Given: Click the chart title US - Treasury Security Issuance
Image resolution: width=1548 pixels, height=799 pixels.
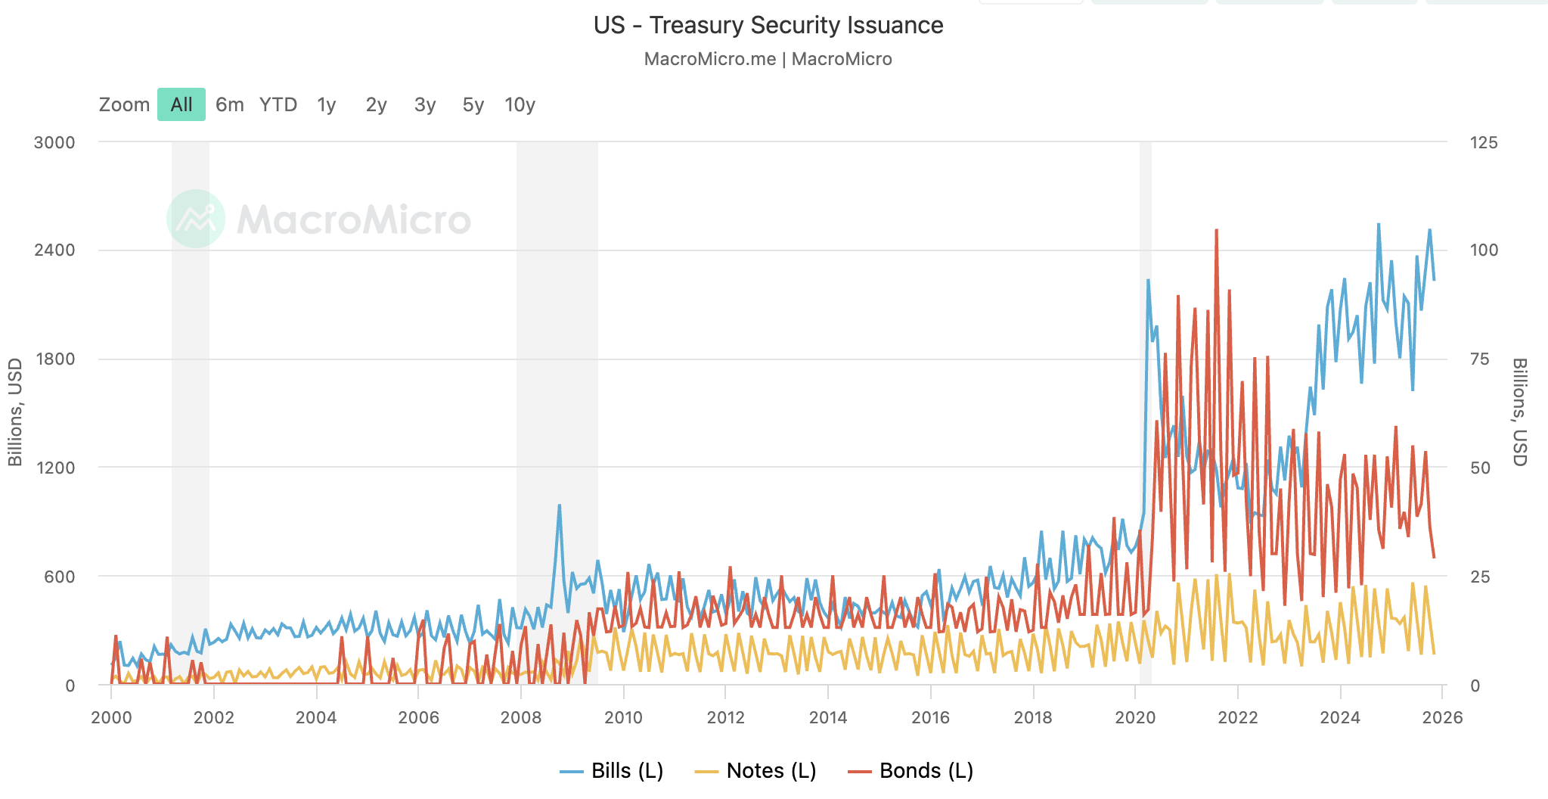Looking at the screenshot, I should [768, 25].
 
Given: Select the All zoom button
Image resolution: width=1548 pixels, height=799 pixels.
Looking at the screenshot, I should [181, 104].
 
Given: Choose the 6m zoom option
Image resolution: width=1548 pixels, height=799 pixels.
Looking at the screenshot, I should [229, 104].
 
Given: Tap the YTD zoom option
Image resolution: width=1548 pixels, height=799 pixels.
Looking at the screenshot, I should [278, 104].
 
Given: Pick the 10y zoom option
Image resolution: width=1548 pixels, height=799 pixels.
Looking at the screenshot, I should [520, 104].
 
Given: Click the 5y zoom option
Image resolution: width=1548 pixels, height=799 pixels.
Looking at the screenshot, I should [473, 104].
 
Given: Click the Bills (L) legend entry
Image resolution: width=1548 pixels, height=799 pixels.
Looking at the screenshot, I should [612, 770].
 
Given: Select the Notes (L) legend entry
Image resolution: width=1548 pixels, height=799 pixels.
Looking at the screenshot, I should [755, 770].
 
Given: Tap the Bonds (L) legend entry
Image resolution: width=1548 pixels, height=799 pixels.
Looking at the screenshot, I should [911, 770].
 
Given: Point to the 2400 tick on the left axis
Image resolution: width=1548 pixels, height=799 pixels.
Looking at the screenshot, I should [54, 250].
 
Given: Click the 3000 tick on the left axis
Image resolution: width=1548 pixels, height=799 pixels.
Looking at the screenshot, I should [54, 142].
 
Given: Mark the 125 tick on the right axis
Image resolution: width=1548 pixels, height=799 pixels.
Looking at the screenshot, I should [1483, 142].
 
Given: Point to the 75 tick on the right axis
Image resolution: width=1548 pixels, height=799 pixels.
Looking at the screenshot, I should [1479, 359].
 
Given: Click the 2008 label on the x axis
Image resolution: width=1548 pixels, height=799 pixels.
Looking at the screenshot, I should [520, 717].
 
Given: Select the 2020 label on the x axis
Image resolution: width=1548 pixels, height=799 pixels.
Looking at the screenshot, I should [1135, 717].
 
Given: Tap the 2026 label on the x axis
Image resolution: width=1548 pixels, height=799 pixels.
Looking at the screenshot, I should [1441, 717].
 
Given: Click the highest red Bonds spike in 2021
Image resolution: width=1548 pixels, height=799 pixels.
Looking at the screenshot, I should [1216, 231].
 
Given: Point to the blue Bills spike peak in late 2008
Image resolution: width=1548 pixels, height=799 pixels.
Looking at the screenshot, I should [559, 505].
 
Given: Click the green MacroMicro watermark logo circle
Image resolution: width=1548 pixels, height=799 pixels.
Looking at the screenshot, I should [196, 219].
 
